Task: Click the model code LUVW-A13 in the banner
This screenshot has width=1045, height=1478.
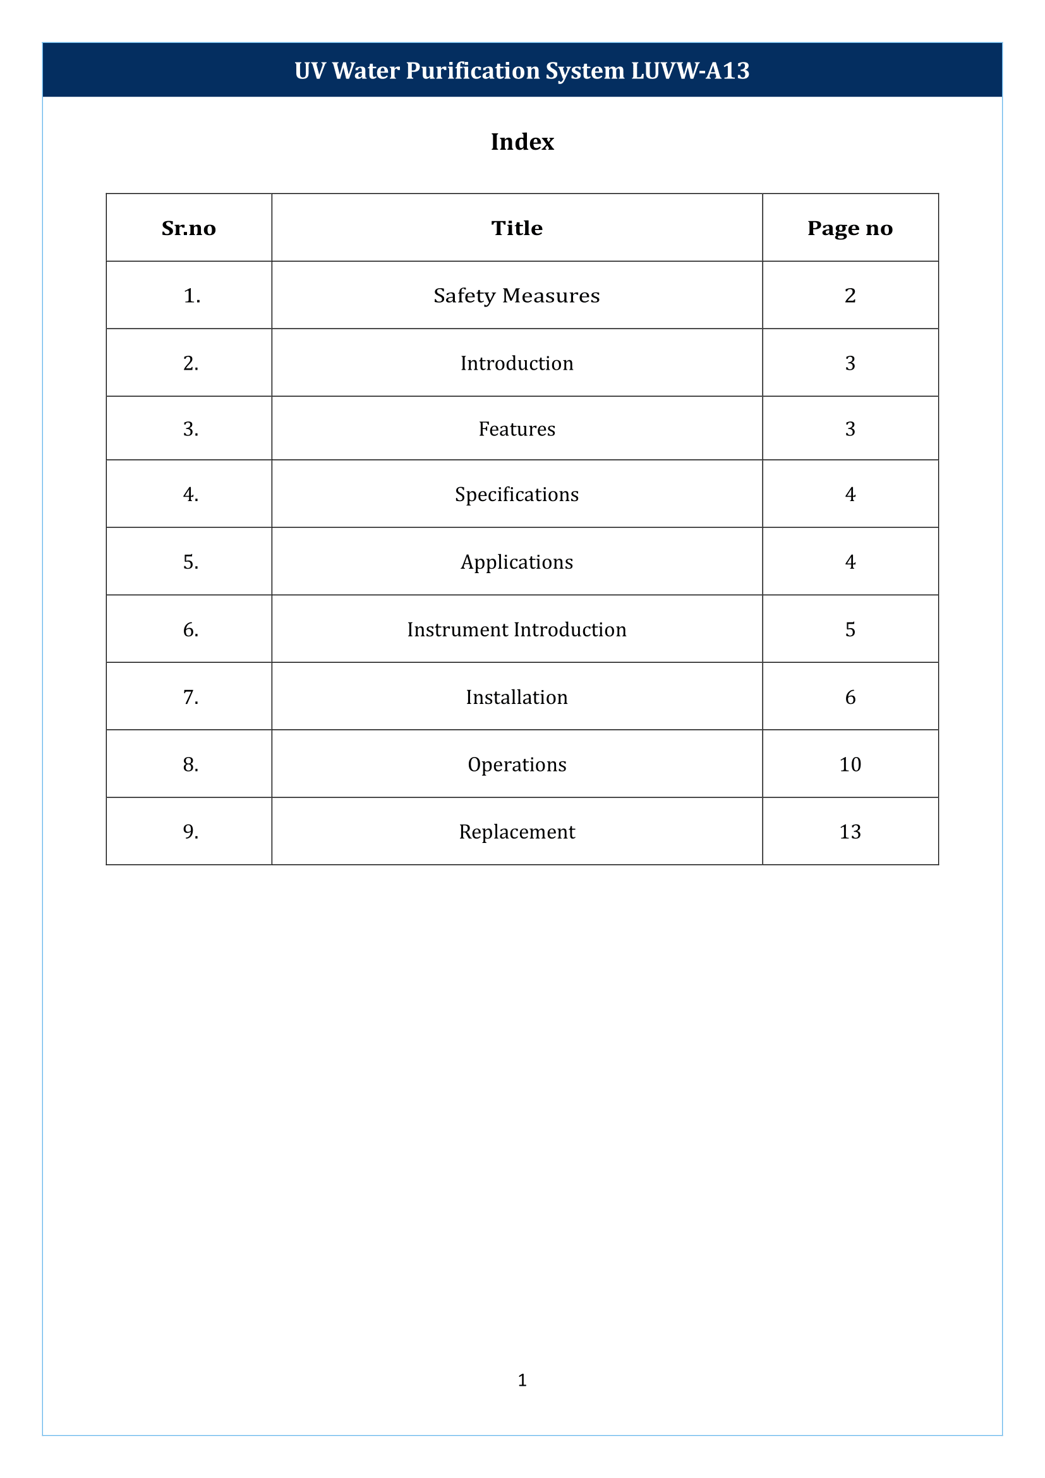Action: [x=690, y=71]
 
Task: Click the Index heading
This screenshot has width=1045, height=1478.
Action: [x=522, y=142]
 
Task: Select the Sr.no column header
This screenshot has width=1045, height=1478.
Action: [x=188, y=229]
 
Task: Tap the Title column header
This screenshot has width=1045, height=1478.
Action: [x=517, y=229]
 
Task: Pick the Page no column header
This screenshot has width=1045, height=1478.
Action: [x=849, y=229]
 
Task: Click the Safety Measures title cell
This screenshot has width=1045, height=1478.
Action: [x=517, y=296]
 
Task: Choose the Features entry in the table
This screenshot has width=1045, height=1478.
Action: [x=517, y=428]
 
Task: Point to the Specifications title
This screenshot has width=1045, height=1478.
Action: [x=517, y=494]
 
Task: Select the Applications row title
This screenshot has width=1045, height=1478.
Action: [x=517, y=562]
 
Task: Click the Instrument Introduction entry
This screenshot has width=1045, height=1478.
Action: [x=517, y=629]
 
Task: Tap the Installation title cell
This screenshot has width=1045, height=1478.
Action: [x=517, y=697]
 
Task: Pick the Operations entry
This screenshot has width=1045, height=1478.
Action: [x=517, y=765]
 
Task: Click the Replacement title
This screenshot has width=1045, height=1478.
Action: [x=517, y=832]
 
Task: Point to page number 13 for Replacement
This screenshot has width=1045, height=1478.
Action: [x=849, y=832]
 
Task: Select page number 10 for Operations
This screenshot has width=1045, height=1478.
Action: [x=849, y=765]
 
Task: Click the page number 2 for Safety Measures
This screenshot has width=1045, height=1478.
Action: [x=849, y=296]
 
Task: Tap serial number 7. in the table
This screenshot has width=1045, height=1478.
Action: [x=190, y=697]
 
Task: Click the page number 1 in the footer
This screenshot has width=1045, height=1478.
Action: [x=522, y=1379]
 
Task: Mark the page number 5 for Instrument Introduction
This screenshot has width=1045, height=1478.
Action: [x=849, y=629]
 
